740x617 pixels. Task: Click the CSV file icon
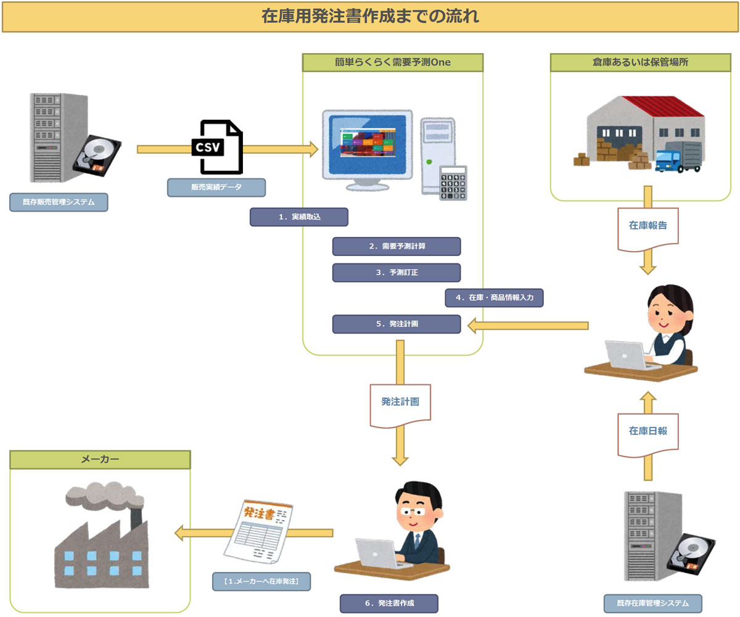click(217, 147)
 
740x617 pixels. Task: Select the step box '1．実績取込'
click(298, 217)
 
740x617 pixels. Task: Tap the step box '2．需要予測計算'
click(397, 246)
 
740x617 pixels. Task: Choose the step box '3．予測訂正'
click(397, 272)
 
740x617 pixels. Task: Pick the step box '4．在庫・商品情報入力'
click(494, 297)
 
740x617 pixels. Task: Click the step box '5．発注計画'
click(397, 324)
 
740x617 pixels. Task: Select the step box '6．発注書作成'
click(388, 603)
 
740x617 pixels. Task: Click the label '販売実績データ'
click(216, 187)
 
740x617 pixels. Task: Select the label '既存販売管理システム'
click(59, 202)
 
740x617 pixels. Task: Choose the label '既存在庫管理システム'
click(652, 603)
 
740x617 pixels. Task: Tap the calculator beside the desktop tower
click(453, 183)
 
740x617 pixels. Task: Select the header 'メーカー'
click(100, 459)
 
